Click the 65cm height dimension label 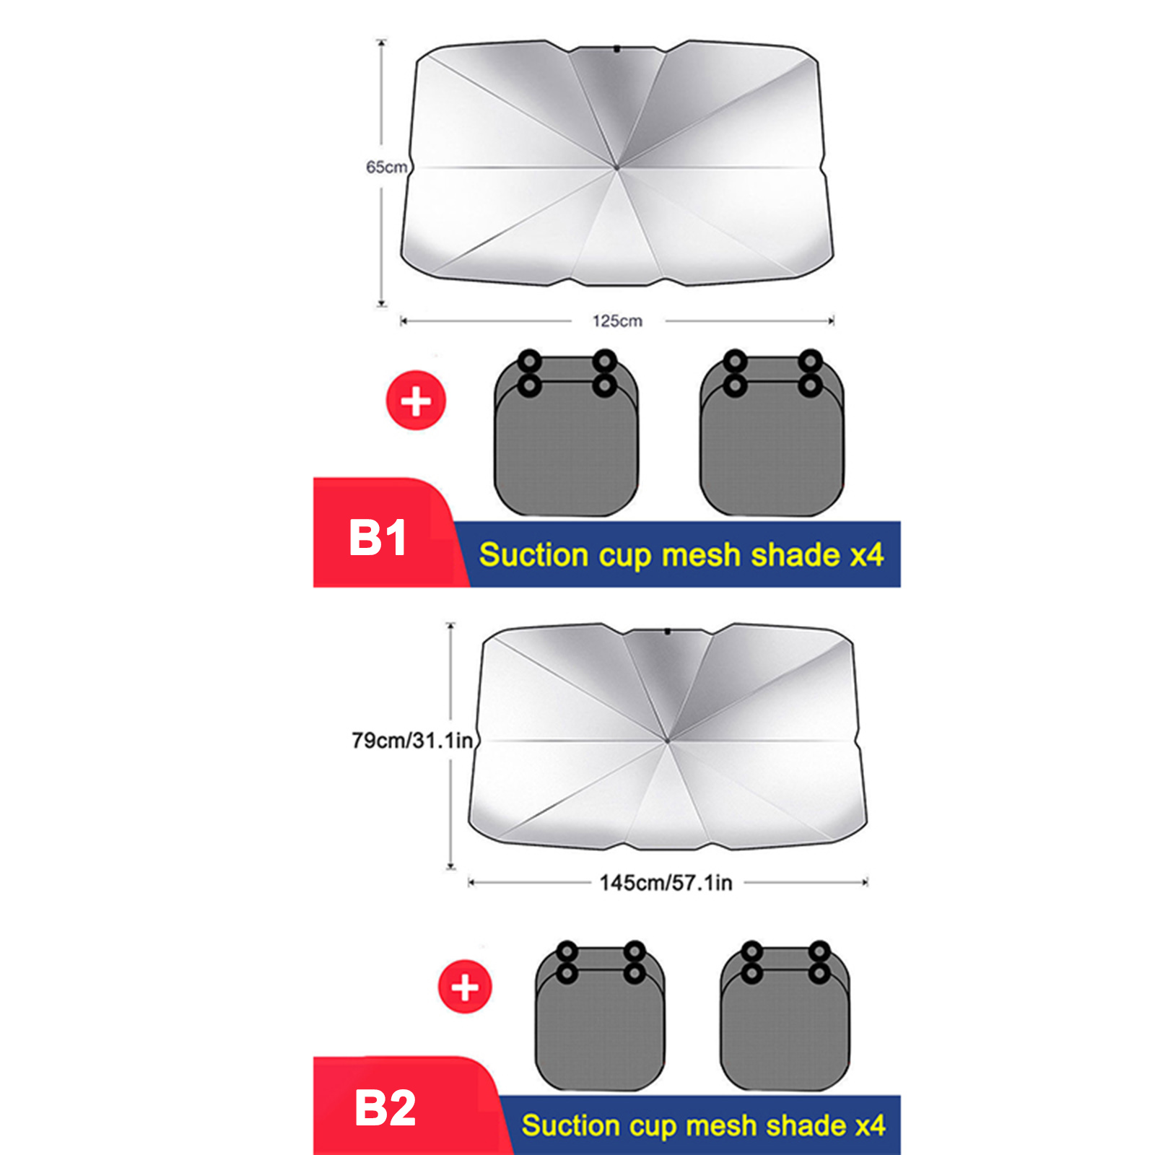coord(387,167)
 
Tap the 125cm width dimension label coord(617,321)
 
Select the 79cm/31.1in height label coord(412,741)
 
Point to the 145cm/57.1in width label coord(666,883)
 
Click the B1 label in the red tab coord(378,539)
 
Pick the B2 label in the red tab coord(385,1109)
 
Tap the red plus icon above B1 coord(417,401)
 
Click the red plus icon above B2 coord(465,987)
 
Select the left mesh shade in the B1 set coord(567,433)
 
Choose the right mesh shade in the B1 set coord(772,433)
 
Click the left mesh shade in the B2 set coord(601,1016)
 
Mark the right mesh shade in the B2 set coord(785,1016)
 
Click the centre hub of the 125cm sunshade coord(616,167)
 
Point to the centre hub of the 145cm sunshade coord(667,741)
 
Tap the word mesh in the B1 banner coord(701,556)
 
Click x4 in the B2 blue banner coord(870,1126)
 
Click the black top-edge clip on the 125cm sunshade coord(617,49)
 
